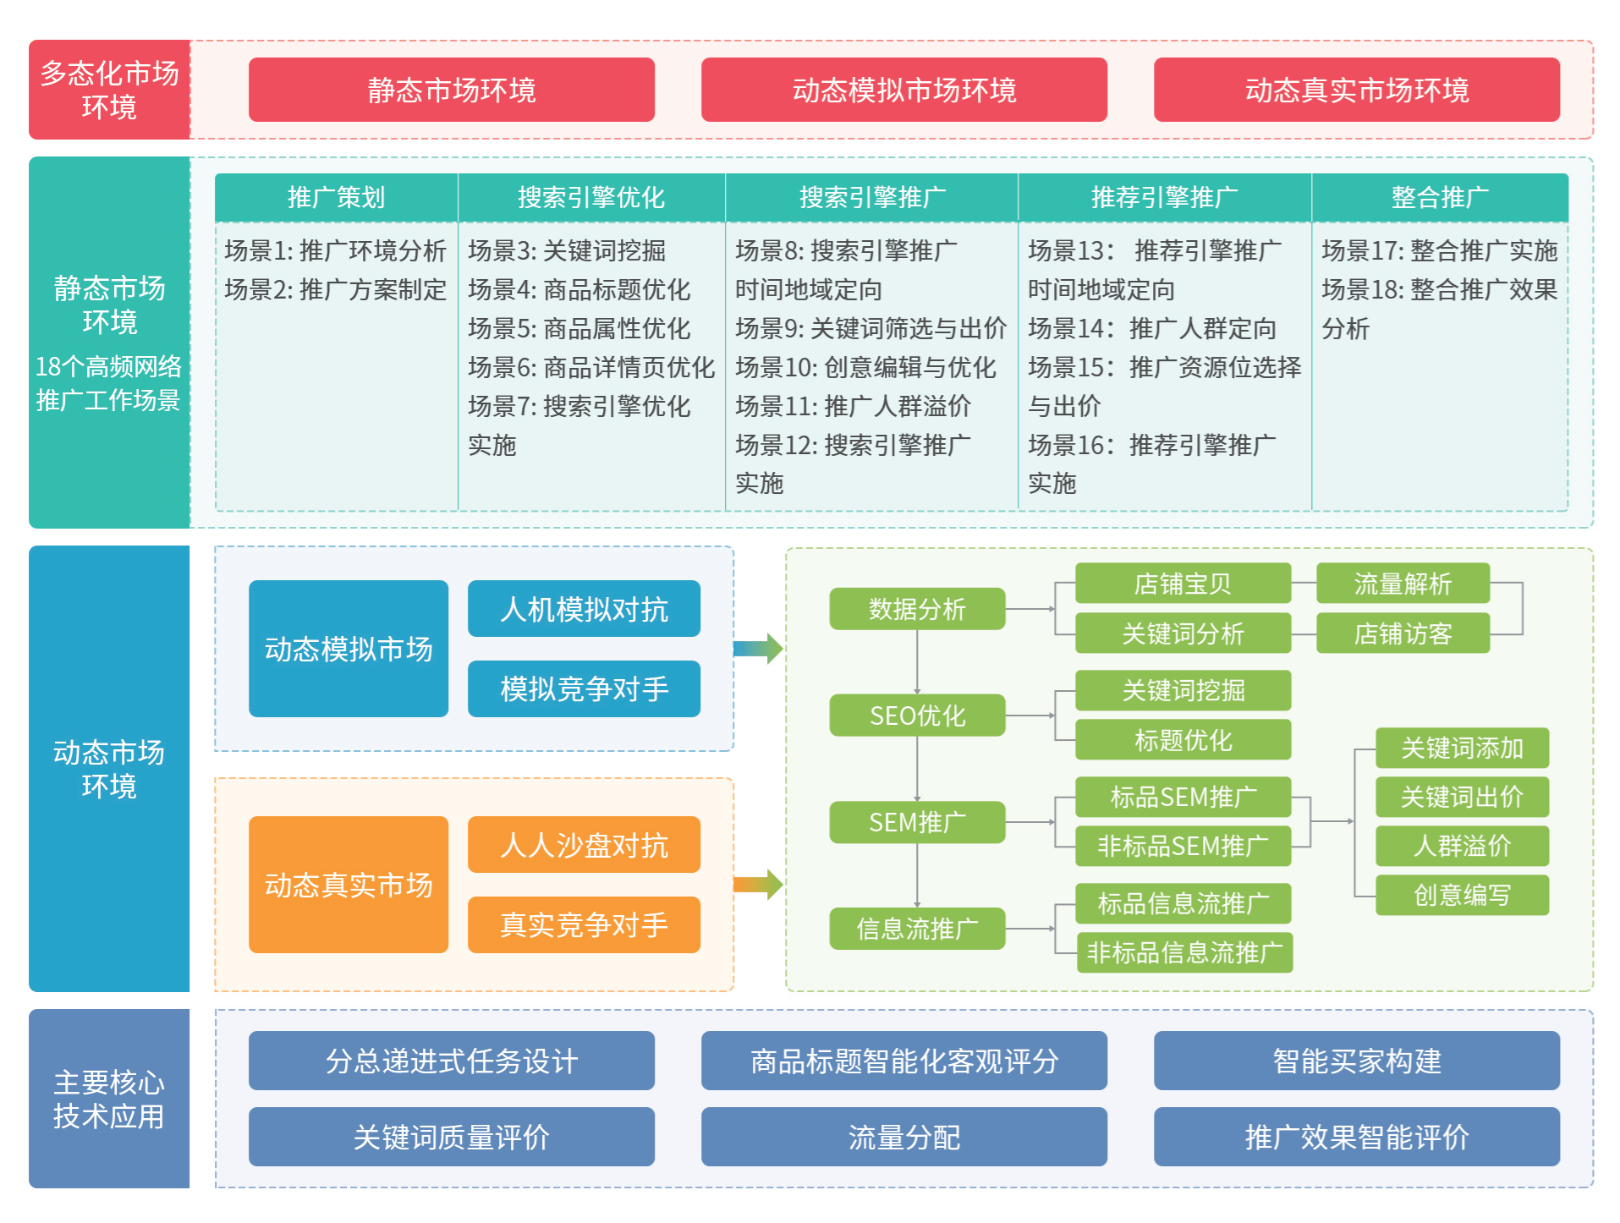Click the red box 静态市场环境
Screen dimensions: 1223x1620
(451, 90)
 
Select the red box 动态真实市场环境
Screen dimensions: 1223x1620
(1356, 90)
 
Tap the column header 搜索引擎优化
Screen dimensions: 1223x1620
(591, 197)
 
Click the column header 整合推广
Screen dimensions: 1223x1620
(1440, 197)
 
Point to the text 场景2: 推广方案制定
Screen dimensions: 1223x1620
(335, 289)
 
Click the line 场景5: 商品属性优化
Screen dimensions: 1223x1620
(579, 328)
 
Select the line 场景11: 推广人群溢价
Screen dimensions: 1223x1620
(853, 406)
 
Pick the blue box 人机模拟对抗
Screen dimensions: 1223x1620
(584, 609)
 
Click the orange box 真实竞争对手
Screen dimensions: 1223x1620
(584, 924)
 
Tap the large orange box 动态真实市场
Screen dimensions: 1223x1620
(348, 885)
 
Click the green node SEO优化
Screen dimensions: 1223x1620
(917, 716)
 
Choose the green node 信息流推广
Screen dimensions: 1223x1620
(917, 929)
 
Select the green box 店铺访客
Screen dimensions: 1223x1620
(1403, 633)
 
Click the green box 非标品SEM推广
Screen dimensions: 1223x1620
(1183, 846)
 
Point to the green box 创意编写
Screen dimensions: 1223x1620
(1462, 895)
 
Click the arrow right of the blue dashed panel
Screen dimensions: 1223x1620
(759, 649)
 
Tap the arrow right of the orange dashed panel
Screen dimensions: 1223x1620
(759, 885)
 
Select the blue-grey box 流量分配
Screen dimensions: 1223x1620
(903, 1137)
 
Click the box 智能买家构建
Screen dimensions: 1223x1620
(1356, 1061)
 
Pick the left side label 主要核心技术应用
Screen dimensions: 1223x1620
(109, 1099)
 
